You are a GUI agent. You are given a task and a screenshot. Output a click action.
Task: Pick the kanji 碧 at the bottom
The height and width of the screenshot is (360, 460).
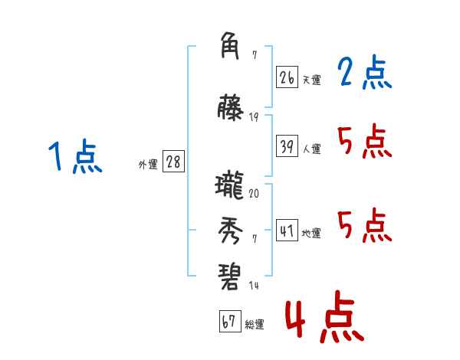tap(230, 274)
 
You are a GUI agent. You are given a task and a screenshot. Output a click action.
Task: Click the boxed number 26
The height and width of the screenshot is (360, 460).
tap(287, 77)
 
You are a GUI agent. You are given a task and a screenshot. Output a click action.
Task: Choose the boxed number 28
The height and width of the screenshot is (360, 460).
tap(173, 162)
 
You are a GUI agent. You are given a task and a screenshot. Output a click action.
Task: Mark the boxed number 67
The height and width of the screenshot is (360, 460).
tap(229, 322)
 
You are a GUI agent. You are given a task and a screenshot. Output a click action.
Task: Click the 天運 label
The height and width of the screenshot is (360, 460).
tap(311, 80)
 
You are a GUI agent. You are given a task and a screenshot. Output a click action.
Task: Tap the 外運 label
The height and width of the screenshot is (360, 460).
tap(148, 164)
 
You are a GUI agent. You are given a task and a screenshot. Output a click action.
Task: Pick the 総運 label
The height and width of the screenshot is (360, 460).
tap(254, 324)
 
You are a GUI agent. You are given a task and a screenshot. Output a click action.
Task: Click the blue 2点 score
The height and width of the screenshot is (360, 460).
tap(364, 74)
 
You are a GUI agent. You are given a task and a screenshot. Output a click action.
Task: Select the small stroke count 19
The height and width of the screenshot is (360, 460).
tap(254, 116)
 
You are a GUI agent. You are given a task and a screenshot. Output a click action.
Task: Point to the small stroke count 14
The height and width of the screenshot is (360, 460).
tap(254, 285)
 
